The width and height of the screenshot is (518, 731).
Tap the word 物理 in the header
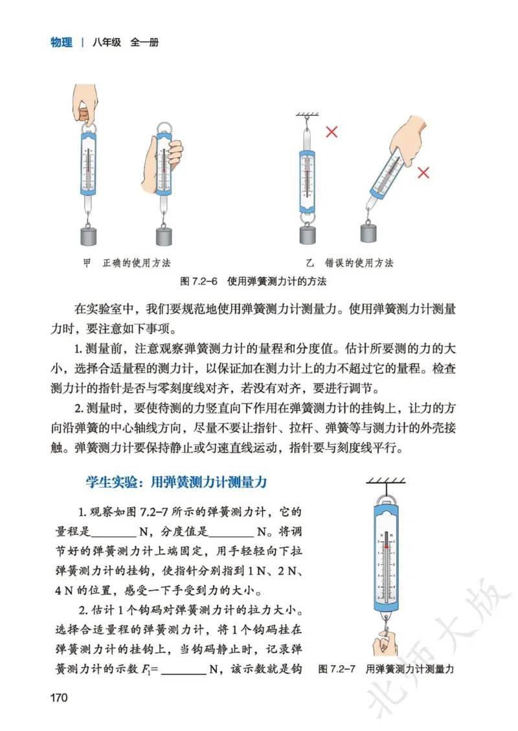click(x=62, y=43)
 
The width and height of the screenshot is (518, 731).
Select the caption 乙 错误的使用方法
click(x=349, y=263)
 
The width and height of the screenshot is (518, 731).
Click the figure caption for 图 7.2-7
click(x=386, y=670)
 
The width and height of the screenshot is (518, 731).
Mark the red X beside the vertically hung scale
click(x=332, y=133)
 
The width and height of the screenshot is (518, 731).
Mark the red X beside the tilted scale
click(x=423, y=173)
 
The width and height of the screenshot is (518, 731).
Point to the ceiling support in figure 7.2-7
click(x=386, y=481)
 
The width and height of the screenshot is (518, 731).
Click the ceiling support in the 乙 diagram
click(x=310, y=115)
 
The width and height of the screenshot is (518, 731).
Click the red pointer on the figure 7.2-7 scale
click(x=387, y=547)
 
